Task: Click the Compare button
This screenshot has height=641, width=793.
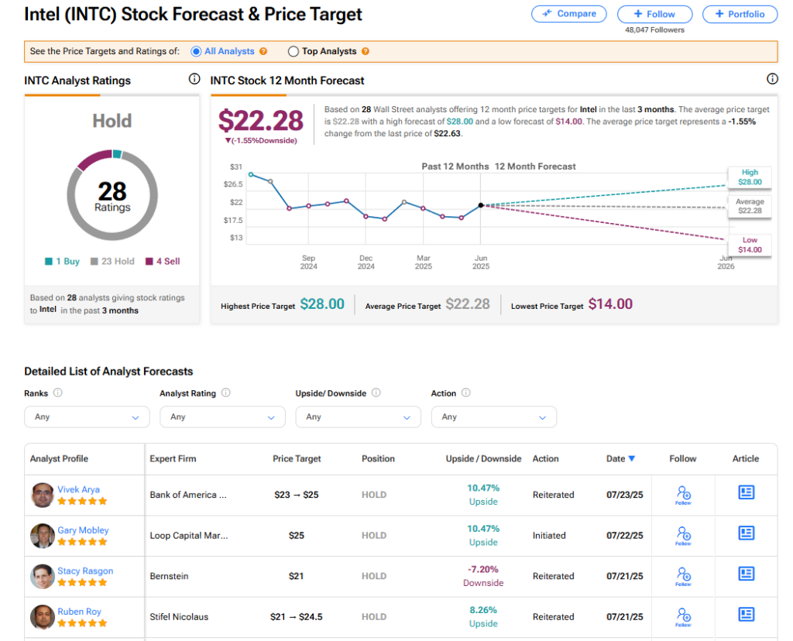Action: pos(569,14)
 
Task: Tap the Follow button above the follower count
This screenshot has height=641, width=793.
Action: pos(655,14)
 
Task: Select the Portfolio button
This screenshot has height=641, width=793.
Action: pos(740,14)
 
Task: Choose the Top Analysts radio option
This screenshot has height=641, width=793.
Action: pos(294,52)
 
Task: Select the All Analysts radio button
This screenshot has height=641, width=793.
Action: pos(196,52)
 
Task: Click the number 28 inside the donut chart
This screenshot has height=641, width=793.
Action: pos(112,190)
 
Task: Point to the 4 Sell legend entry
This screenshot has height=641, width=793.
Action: pos(163,262)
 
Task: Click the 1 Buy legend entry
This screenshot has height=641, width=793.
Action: pos(63,262)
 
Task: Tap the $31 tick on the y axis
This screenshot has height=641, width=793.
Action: pos(236,167)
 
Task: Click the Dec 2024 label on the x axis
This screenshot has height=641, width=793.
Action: pos(366,262)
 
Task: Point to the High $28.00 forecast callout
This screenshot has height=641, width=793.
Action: pos(750,177)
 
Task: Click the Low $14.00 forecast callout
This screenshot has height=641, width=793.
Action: pos(750,245)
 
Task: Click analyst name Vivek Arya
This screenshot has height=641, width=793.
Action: pos(78,489)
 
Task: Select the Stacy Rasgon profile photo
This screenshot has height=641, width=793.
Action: pos(43,576)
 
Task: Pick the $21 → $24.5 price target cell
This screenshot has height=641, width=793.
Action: pos(297,617)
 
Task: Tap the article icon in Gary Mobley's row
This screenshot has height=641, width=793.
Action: pos(746,533)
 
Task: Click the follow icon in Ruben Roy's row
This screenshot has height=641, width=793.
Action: pos(683,616)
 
